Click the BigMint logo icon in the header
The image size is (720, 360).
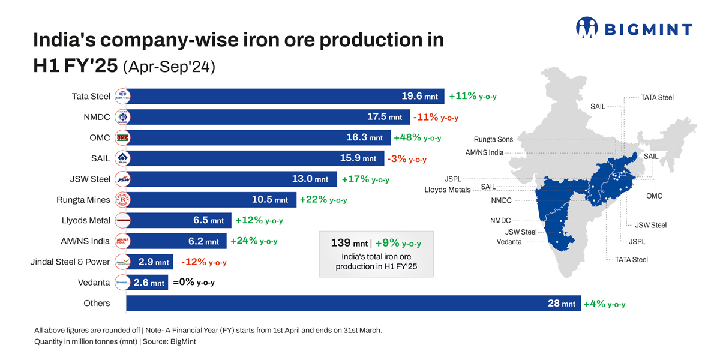587,28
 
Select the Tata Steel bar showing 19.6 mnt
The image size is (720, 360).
285,96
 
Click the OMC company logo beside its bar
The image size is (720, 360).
122,138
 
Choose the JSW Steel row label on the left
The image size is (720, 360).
90,179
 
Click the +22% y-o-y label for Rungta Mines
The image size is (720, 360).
323,200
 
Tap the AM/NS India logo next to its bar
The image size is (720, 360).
122,241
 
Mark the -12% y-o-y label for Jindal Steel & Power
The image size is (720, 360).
203,262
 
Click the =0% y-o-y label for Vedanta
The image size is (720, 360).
193,283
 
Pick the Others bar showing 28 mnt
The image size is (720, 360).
353,304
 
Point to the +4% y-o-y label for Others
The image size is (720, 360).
605,304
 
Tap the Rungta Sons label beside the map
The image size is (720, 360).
493,140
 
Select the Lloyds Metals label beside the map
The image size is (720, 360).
447,190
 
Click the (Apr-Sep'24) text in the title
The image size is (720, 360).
169,67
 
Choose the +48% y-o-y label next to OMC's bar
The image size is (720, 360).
417,138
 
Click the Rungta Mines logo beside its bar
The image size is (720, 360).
122,200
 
